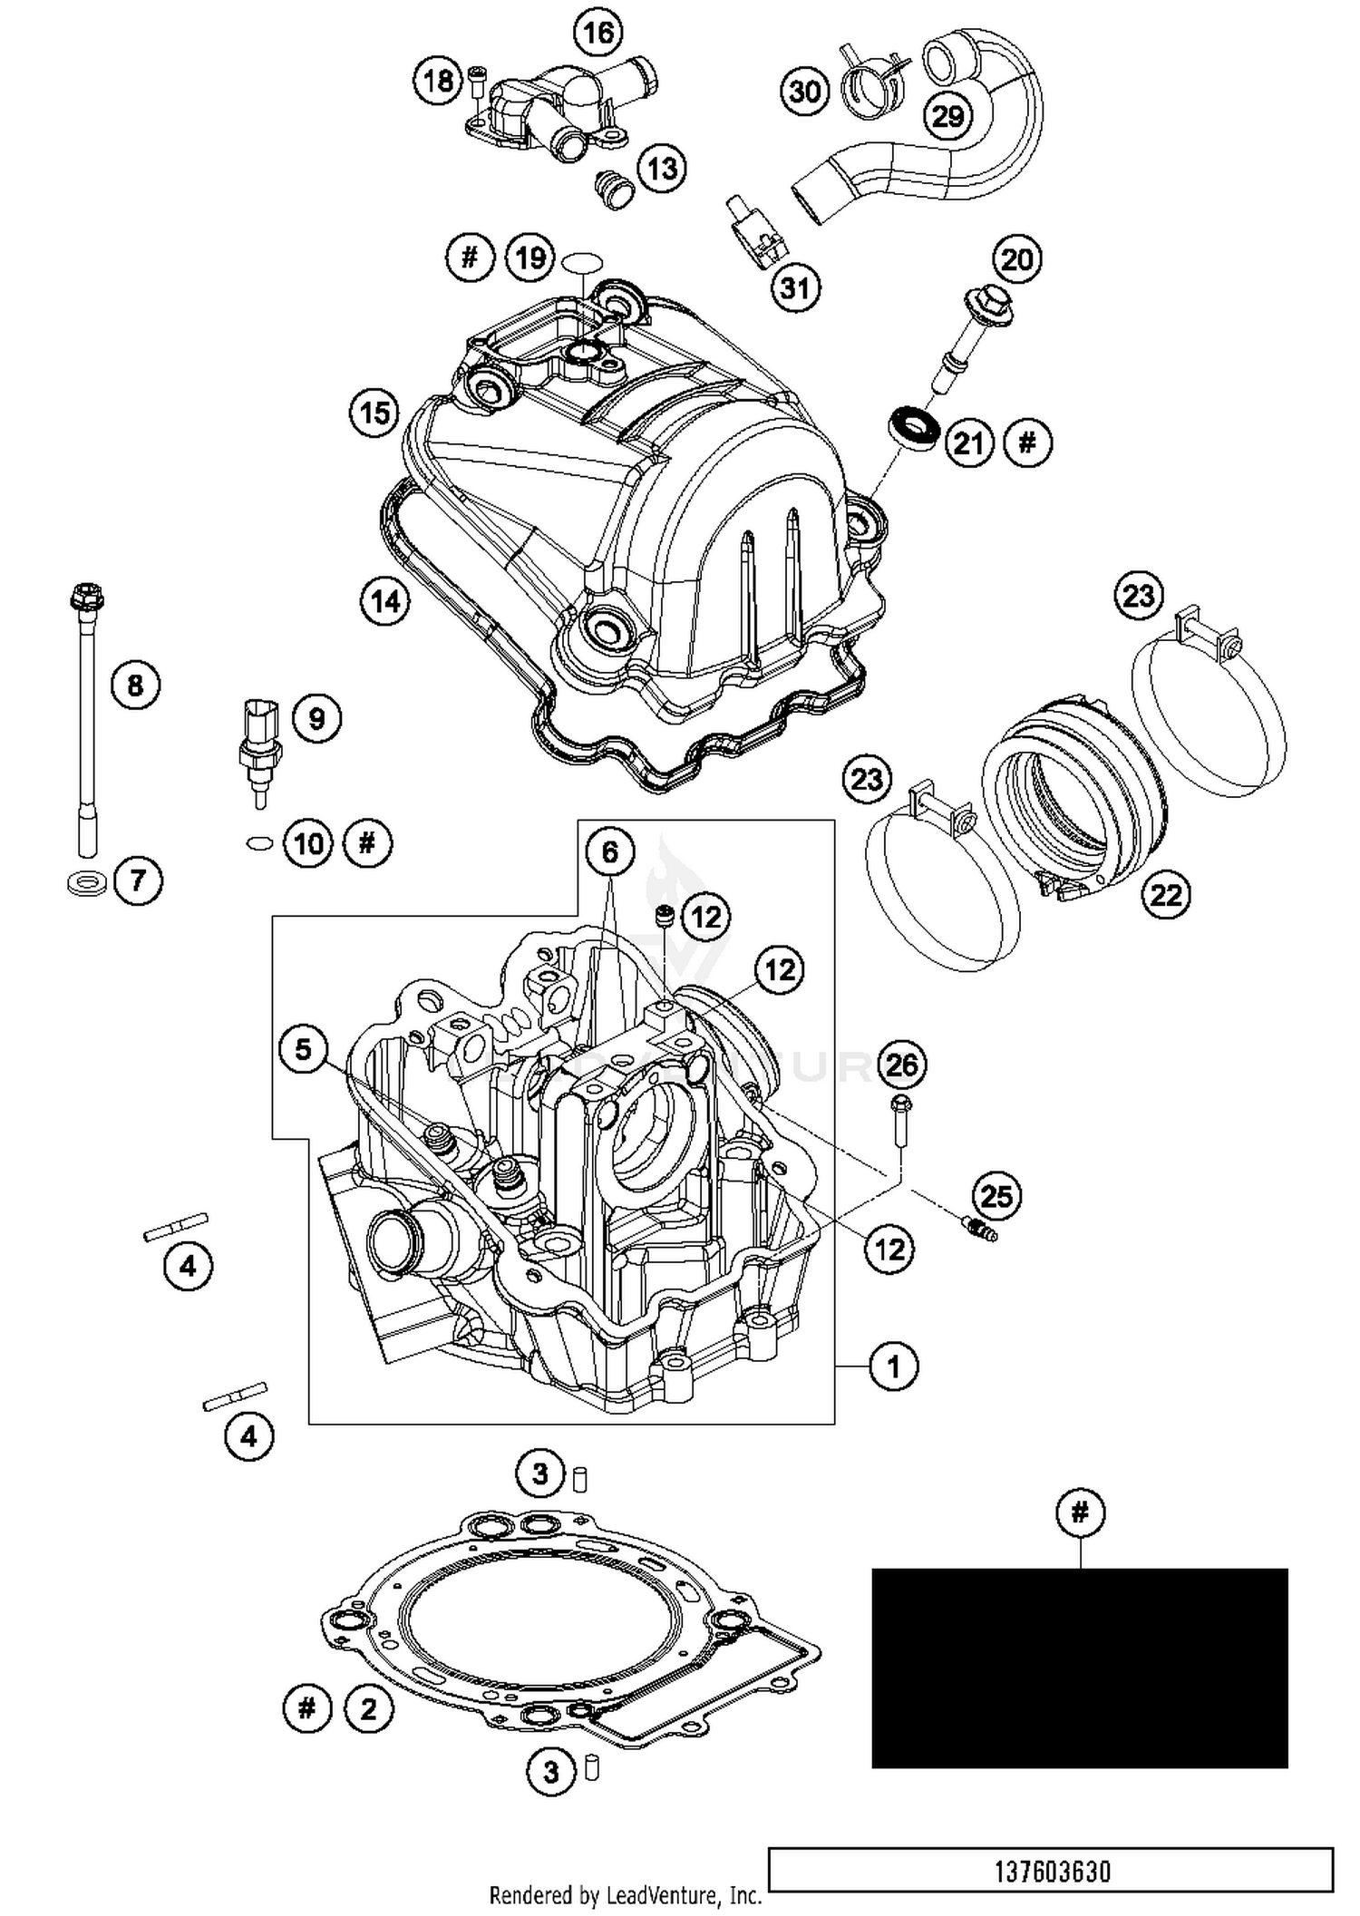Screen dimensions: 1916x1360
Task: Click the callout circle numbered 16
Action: click(x=598, y=34)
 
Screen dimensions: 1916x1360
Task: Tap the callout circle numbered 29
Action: click(x=947, y=116)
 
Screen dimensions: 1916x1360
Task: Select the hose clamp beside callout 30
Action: click(x=874, y=82)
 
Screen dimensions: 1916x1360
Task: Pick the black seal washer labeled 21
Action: click(x=913, y=426)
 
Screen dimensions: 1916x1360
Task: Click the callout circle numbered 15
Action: click(x=374, y=413)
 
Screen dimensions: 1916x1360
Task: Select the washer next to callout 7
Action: click(x=87, y=881)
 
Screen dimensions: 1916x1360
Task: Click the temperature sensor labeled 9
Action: click(x=259, y=744)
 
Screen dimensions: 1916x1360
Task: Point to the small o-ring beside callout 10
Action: click(x=259, y=843)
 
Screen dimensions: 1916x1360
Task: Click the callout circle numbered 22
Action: click(x=1166, y=896)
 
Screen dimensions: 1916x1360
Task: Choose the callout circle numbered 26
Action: click(x=901, y=1065)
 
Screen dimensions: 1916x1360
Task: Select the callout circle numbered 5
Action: click(x=303, y=1050)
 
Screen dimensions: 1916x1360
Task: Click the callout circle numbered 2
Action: click(x=368, y=1709)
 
